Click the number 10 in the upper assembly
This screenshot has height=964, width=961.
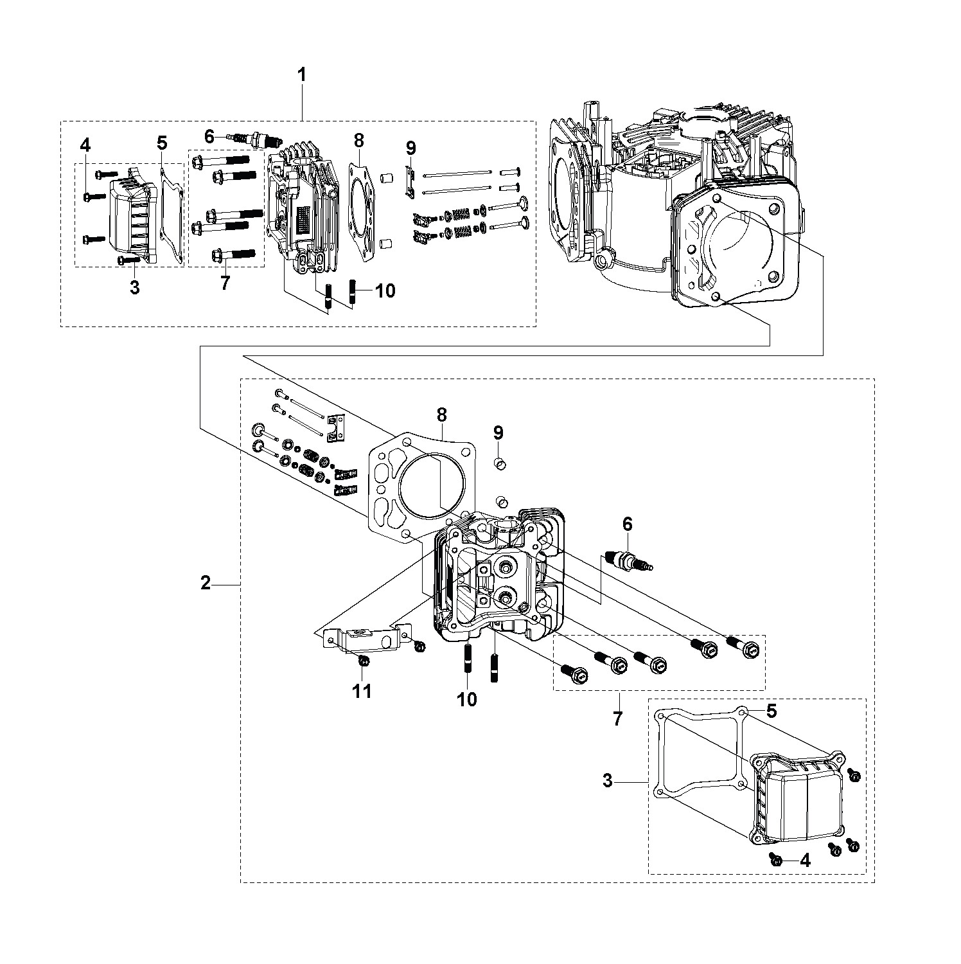(x=385, y=290)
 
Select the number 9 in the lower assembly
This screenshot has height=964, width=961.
(x=498, y=432)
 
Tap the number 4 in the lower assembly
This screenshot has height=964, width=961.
(x=804, y=861)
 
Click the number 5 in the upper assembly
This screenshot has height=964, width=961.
(x=162, y=143)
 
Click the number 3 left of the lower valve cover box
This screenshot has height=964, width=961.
(x=608, y=781)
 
